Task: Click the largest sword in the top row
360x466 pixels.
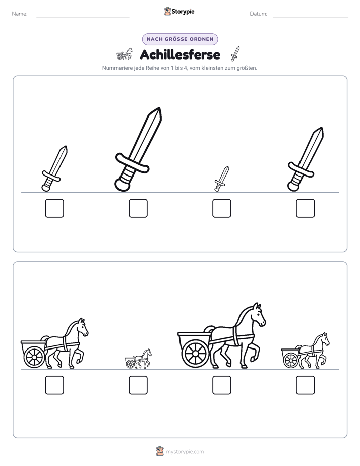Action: [139, 149]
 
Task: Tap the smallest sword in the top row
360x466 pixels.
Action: [221, 179]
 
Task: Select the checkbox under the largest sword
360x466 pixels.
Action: [138, 208]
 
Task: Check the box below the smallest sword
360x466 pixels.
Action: [222, 208]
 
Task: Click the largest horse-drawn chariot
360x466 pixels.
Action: [221, 336]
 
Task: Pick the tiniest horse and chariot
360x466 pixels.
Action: [138, 359]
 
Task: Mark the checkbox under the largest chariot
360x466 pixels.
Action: [222, 385]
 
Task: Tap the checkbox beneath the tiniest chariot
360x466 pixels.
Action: [138, 385]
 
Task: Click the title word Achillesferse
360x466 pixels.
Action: [180, 54]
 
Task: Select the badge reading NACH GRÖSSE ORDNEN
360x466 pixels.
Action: [180, 39]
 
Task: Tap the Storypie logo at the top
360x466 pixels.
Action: [179, 11]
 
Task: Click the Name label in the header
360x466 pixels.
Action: [20, 14]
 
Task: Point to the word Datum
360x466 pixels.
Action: [259, 14]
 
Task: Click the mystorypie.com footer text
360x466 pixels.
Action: [185, 452]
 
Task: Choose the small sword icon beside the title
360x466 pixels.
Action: [235, 54]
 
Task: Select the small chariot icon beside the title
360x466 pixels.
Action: [125, 54]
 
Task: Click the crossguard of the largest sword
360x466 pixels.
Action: [132, 163]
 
